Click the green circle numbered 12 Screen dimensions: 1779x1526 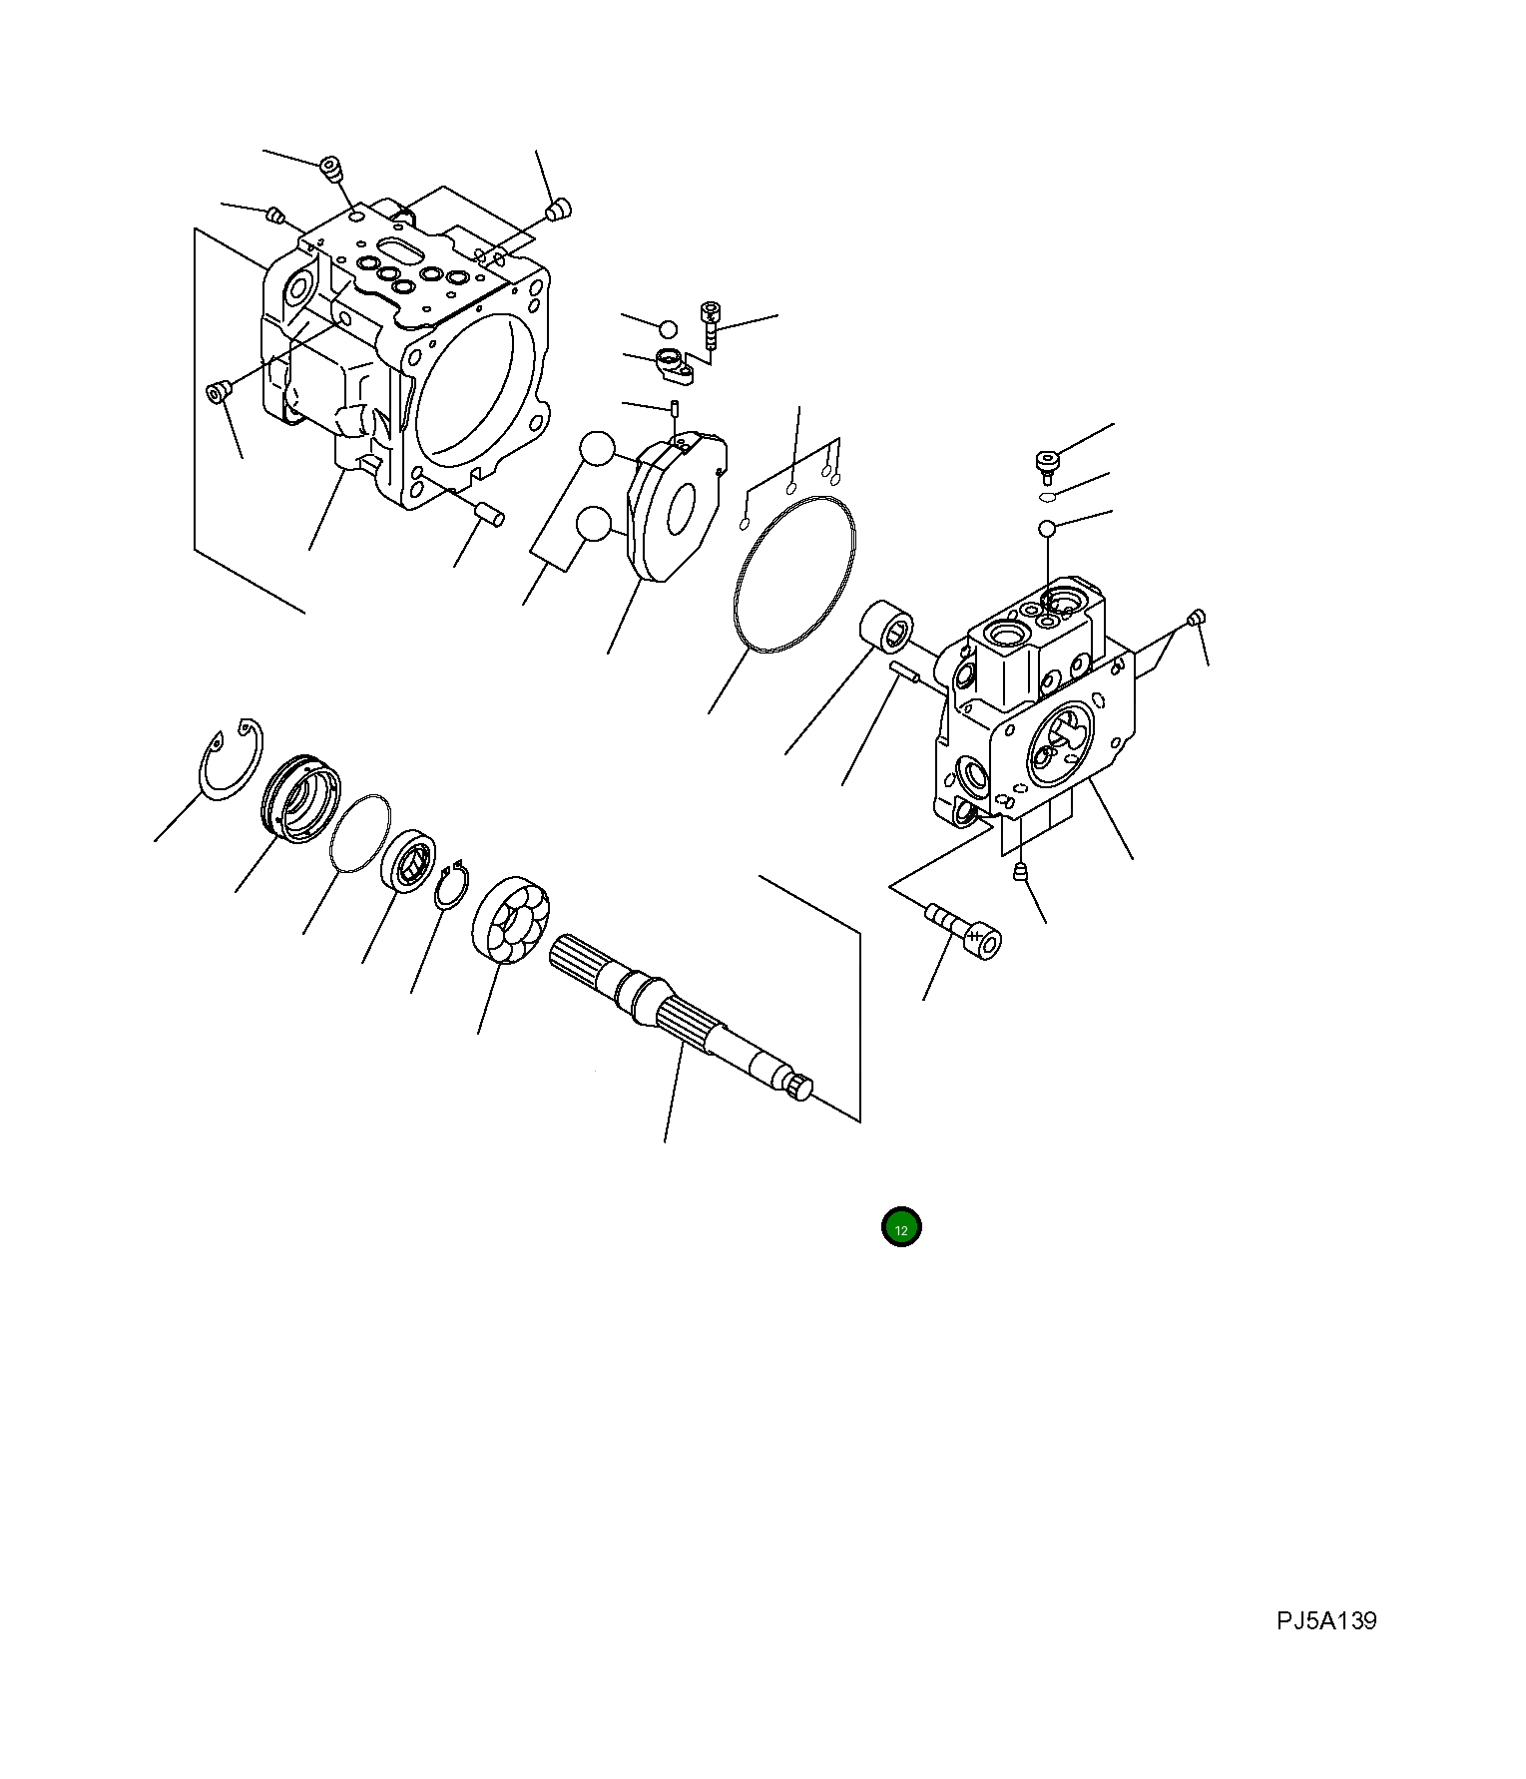point(900,1228)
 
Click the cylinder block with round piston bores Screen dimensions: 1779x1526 point(509,919)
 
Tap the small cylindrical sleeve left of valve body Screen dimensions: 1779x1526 point(886,631)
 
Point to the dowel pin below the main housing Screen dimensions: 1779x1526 point(489,513)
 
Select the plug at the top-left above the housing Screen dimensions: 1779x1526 point(330,170)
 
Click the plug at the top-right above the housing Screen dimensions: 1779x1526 point(559,210)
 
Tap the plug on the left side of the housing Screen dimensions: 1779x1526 point(217,392)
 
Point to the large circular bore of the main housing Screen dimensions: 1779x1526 point(474,389)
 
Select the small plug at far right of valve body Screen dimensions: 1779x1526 point(1199,618)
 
